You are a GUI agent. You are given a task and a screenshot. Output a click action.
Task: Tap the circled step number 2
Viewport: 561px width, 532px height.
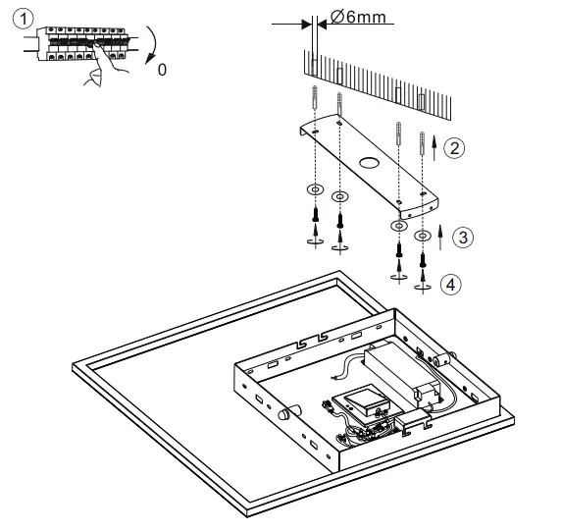[x=454, y=148]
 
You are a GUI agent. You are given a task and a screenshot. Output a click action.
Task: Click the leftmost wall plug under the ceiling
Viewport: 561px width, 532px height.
[x=312, y=102]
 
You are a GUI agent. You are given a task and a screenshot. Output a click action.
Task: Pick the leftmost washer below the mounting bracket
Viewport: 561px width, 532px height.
[x=313, y=187]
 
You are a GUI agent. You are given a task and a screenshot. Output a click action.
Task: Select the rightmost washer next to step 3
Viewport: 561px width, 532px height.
[x=424, y=236]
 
